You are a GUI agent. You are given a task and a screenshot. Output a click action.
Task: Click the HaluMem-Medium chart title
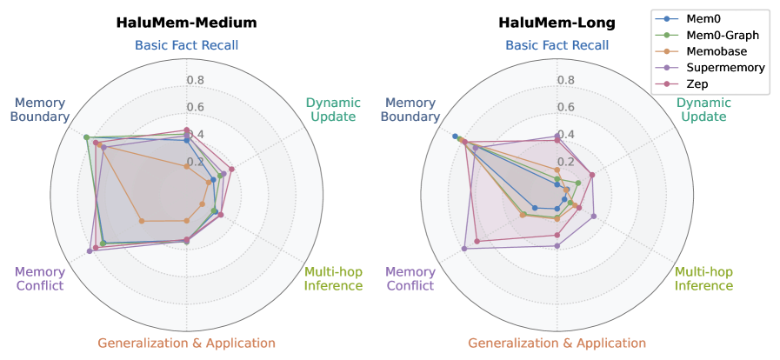[187, 23]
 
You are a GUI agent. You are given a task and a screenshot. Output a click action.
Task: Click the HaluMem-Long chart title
[557, 23]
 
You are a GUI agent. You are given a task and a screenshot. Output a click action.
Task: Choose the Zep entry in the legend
[697, 83]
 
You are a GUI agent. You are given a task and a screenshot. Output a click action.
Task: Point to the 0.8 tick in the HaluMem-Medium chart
[195, 81]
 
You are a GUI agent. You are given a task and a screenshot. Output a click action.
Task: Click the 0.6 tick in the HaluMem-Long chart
[565, 108]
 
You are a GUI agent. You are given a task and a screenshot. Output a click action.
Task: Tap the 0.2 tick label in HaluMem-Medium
[195, 162]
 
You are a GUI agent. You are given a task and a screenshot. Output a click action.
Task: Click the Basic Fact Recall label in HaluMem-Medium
[187, 45]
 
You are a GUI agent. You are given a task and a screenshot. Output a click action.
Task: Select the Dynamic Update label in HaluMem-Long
[703, 110]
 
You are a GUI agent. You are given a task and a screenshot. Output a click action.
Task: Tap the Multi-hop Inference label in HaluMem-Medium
[333, 279]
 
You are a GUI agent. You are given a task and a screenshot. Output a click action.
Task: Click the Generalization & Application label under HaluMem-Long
[557, 343]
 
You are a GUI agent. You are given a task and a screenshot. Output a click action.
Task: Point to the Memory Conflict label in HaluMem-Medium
[40, 279]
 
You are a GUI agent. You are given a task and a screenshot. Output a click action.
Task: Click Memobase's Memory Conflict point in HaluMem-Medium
[141, 220]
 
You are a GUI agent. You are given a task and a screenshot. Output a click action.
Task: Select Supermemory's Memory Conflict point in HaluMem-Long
[464, 248]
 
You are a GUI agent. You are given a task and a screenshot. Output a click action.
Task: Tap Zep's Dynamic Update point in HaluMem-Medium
[231, 169]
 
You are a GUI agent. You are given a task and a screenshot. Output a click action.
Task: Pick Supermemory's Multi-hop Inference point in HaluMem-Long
[593, 217]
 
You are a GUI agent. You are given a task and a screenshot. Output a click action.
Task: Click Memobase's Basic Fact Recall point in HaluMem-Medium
[187, 167]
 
